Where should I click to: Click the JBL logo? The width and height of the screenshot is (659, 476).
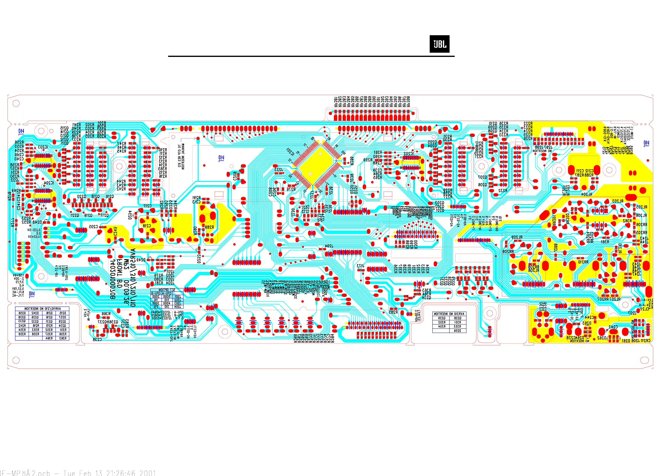[x=439, y=44]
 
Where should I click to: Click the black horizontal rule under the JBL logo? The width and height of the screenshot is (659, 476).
[x=311, y=56]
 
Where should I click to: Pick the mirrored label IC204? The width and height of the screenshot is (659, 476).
[x=49, y=183]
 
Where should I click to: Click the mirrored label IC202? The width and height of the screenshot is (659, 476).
[x=409, y=153]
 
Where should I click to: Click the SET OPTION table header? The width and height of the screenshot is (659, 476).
[x=167, y=290]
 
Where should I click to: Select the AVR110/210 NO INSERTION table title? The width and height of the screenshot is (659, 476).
[x=42, y=309]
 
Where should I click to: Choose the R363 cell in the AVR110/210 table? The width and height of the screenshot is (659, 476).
[x=63, y=338]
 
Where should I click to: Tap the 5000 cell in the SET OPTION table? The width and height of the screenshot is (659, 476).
[x=167, y=297]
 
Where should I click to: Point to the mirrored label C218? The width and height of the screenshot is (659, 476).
[x=146, y=226]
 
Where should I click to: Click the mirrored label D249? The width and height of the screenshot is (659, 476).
[x=141, y=260]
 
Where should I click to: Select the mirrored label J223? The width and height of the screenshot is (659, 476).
[x=279, y=170]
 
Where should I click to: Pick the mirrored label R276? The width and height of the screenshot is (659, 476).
[x=291, y=189]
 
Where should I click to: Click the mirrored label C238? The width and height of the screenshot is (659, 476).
[x=97, y=339]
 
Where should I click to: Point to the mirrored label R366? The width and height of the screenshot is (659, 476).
[x=106, y=314]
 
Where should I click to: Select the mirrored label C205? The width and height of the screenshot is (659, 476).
[x=93, y=227]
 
